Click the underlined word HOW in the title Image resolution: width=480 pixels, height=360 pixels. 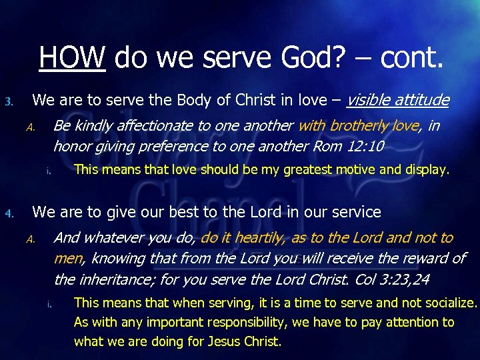tap(72, 58)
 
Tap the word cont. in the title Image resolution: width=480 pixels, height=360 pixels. tap(411, 58)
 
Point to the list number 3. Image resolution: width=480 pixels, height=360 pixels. tap(9, 102)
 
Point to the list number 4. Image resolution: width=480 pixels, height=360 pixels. tap(9, 214)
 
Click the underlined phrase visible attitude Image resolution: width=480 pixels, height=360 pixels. tap(398, 101)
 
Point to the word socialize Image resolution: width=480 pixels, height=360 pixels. tap(451, 303)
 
